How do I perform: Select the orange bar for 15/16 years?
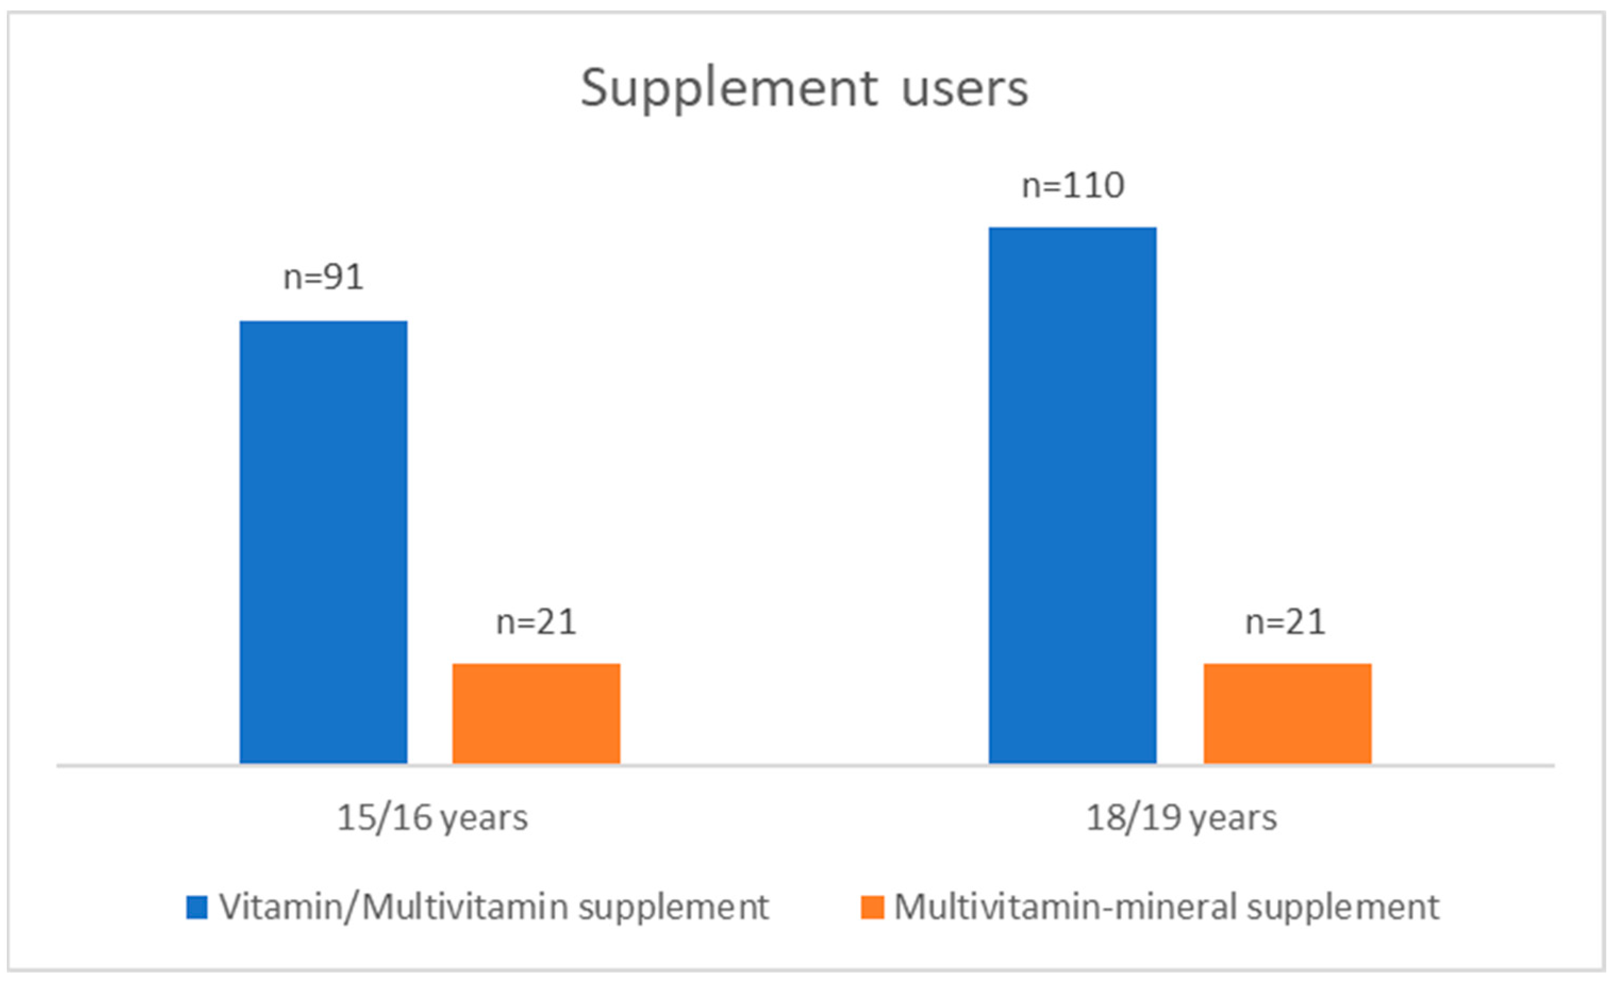(536, 713)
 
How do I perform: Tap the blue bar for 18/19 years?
(1072, 495)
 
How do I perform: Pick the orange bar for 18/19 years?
(1287, 713)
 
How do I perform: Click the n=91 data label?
(323, 277)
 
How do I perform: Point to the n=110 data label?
(1073, 186)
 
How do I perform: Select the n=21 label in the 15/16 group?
(536, 622)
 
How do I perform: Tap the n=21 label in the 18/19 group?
(1285, 622)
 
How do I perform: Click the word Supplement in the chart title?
(728, 89)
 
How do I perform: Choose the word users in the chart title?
(965, 89)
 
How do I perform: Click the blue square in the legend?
(196, 908)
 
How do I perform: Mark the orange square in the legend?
(872, 908)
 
